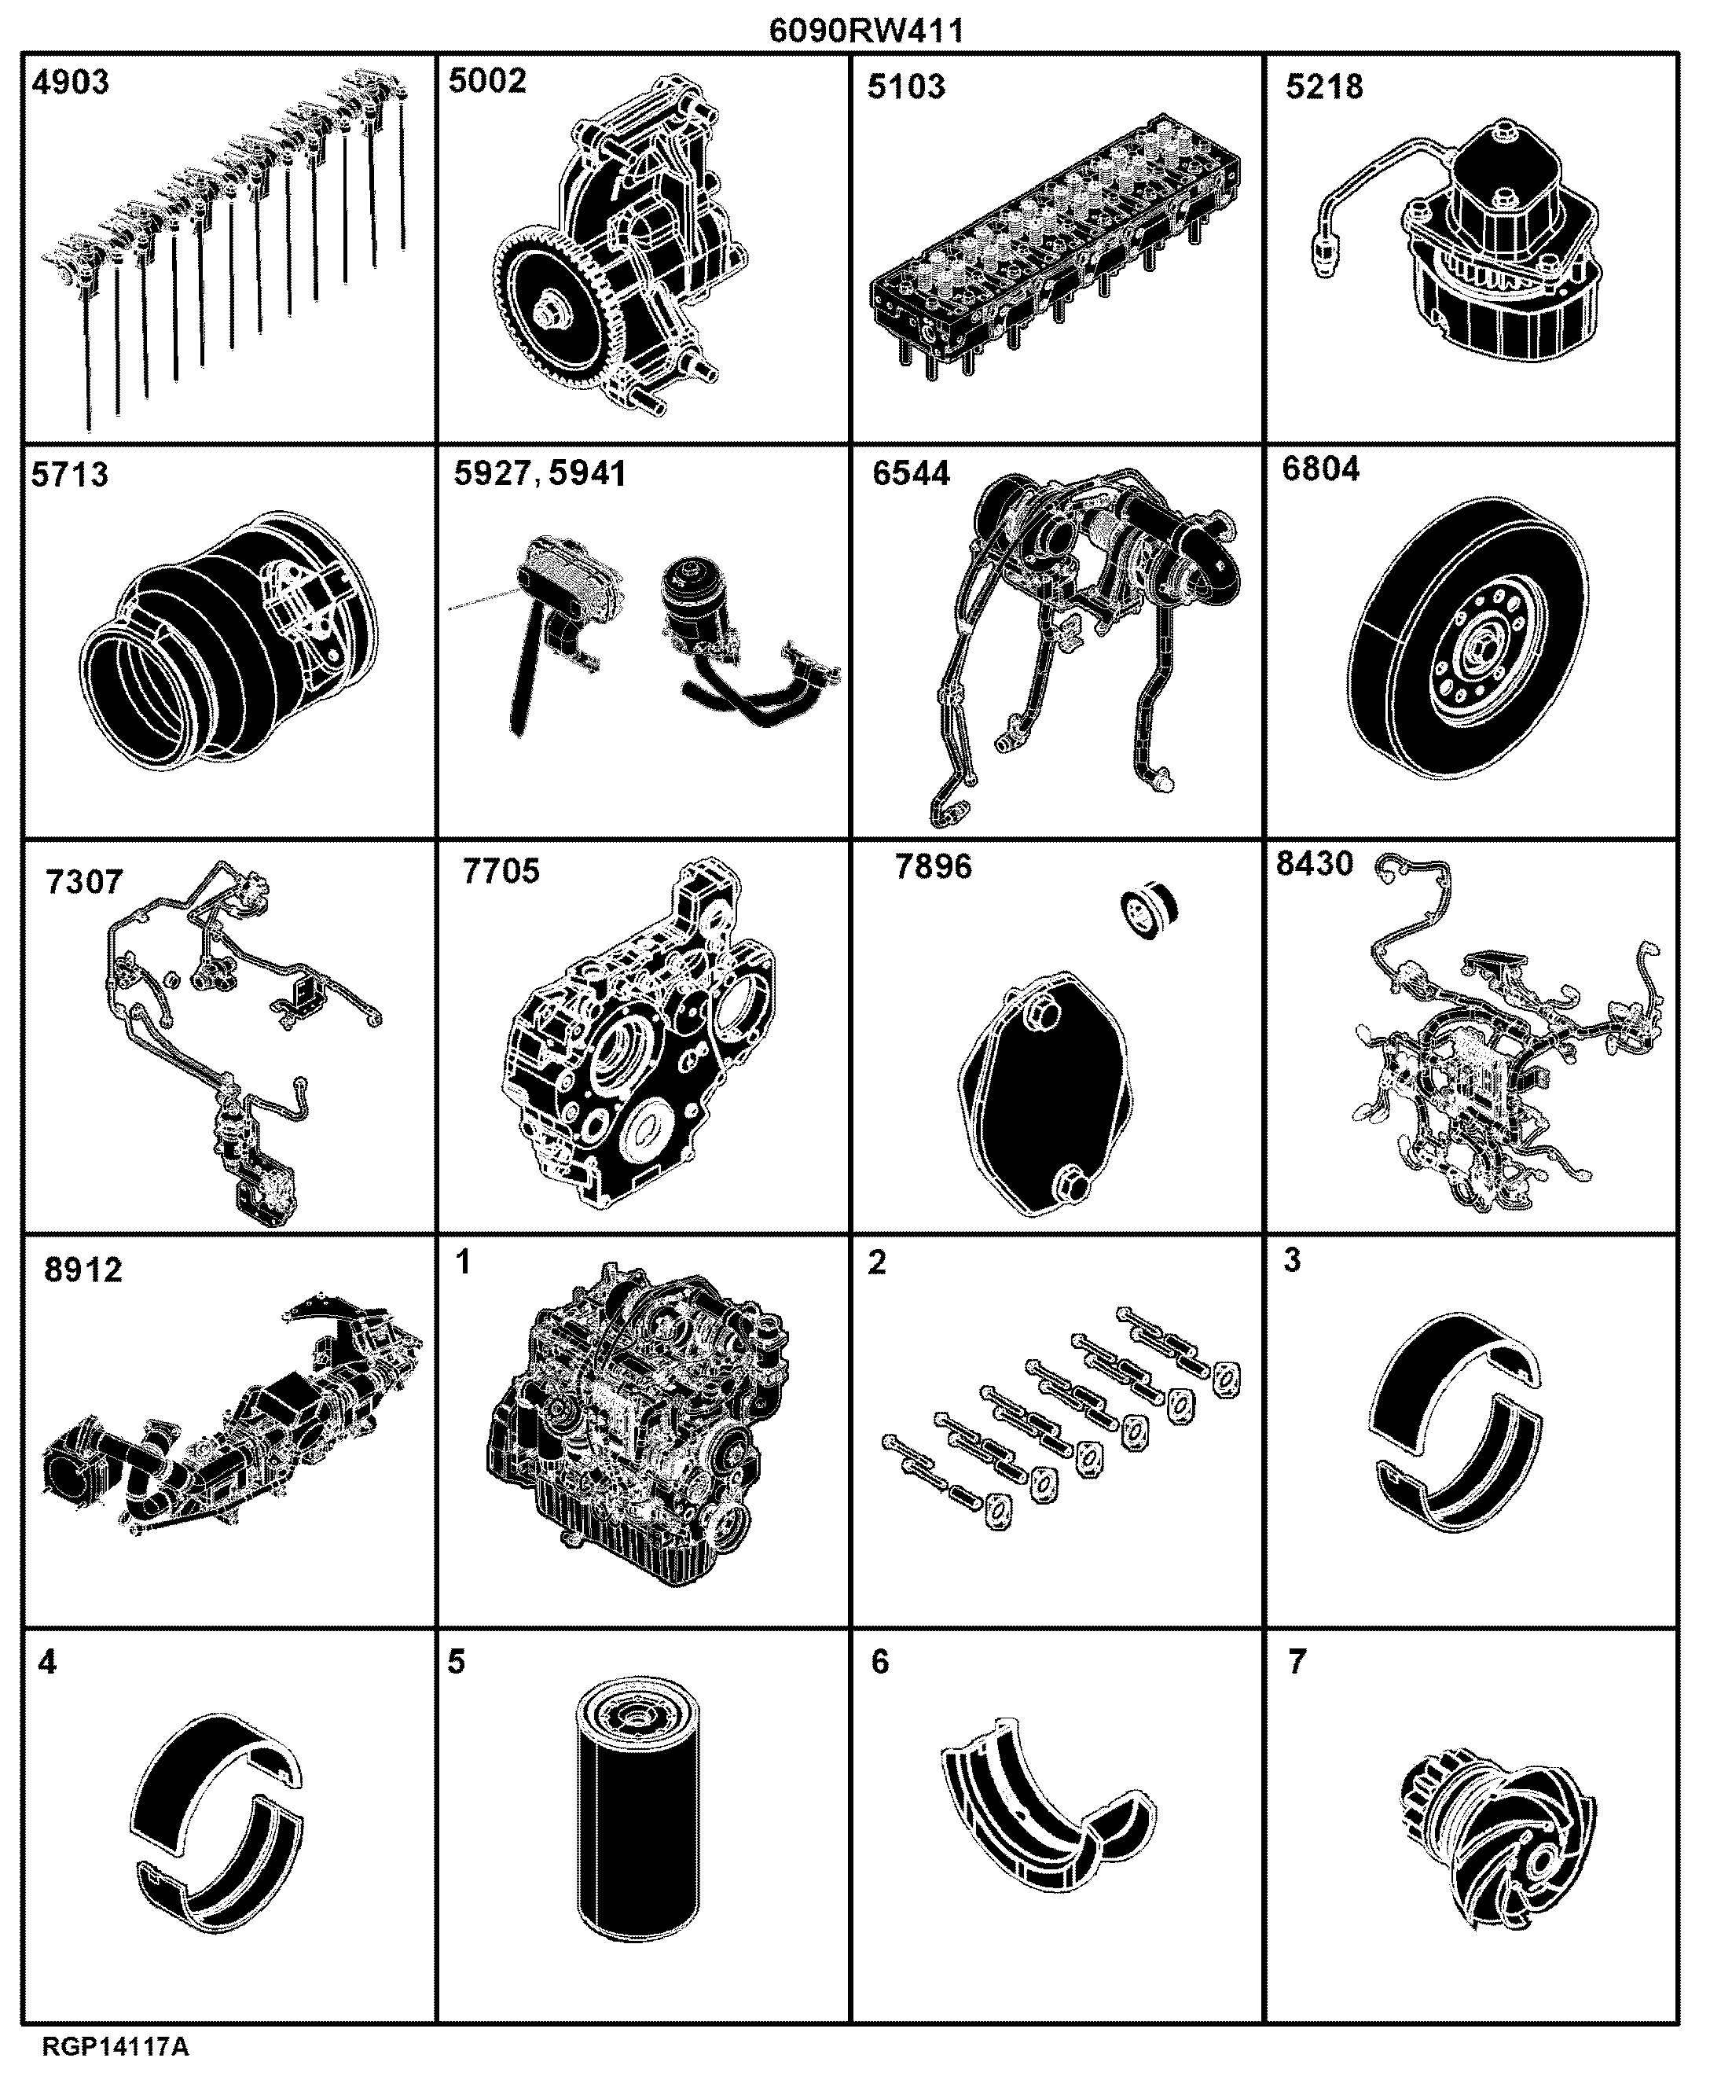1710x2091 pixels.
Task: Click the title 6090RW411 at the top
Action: coord(866,31)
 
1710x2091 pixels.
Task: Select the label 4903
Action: coord(71,82)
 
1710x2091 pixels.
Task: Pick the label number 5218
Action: coord(1325,86)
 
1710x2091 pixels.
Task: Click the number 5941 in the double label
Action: coord(587,474)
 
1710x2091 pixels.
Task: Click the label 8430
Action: coord(1315,863)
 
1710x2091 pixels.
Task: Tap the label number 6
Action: coord(879,1663)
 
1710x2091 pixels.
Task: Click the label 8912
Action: coord(84,1270)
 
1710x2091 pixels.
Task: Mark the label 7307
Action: coord(85,881)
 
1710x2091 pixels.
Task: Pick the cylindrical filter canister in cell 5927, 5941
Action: coord(693,607)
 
